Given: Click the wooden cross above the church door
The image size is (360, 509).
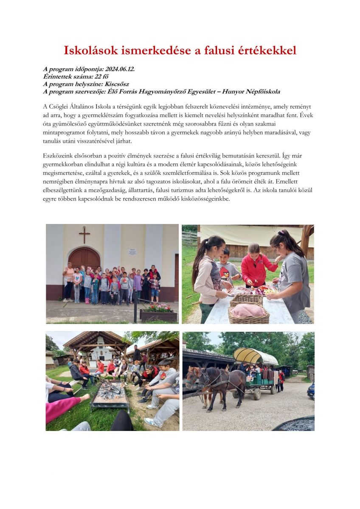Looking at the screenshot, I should coord(84,234).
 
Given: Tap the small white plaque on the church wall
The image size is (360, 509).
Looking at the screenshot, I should coord(132,252).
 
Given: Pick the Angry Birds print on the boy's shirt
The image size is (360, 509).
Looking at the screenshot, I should coord(225,273).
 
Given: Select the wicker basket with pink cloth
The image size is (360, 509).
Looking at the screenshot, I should coord(248,313).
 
